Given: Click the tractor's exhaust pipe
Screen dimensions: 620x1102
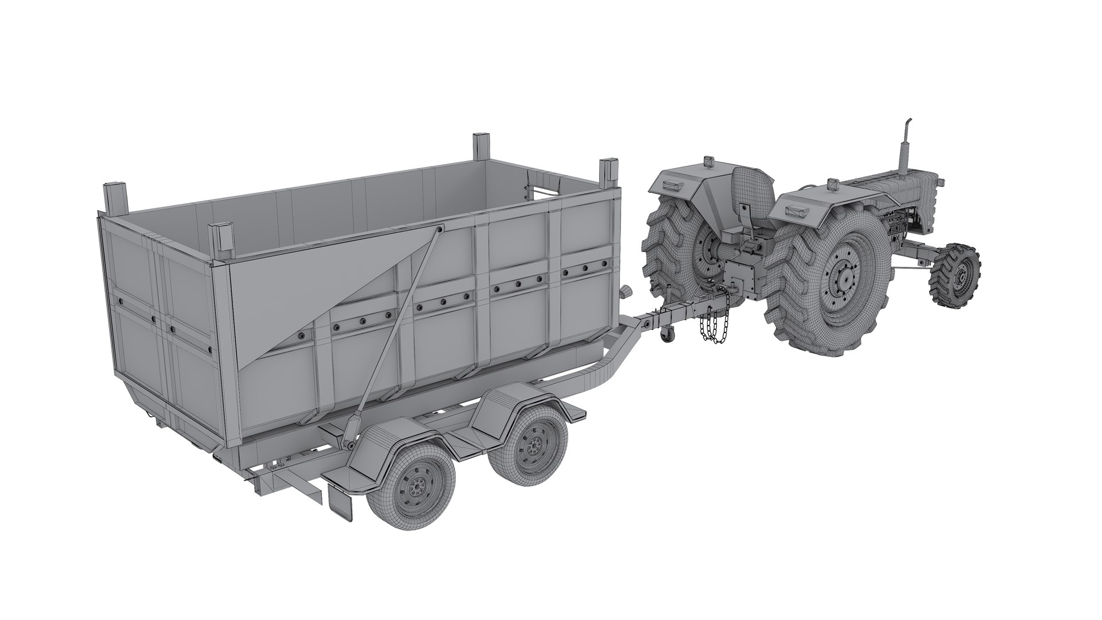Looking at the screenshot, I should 902,146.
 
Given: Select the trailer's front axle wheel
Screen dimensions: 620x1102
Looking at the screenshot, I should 530,444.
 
